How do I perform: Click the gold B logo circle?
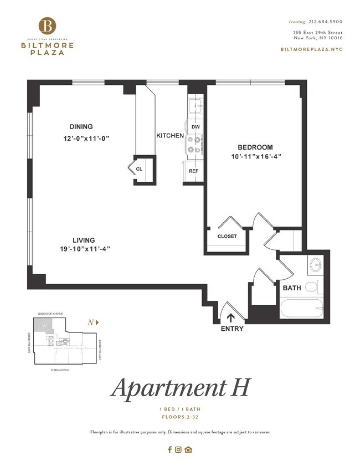click(x=48, y=25)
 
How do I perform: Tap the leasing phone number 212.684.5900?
click(x=325, y=22)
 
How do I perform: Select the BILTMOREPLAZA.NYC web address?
click(x=312, y=49)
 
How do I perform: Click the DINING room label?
click(x=81, y=126)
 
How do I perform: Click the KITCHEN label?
click(x=169, y=136)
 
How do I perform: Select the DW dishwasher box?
click(x=195, y=127)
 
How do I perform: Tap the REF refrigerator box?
click(x=193, y=171)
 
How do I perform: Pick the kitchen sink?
click(x=196, y=106)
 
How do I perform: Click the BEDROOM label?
click(x=255, y=147)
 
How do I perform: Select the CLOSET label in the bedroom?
click(x=227, y=237)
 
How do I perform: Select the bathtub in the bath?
click(x=301, y=309)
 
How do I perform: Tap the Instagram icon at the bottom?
click(x=178, y=449)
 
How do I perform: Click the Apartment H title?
click(x=179, y=387)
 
